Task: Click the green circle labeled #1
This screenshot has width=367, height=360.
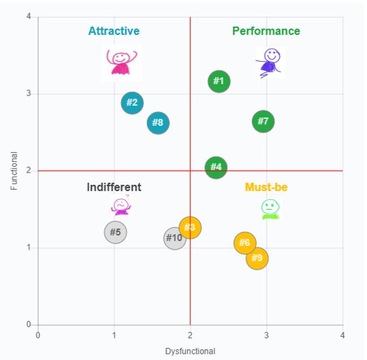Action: (219, 81)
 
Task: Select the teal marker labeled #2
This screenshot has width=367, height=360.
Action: (132, 103)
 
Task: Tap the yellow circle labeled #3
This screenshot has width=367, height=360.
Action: (190, 228)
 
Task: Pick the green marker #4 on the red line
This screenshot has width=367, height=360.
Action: (216, 167)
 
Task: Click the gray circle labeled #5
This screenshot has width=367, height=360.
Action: (115, 232)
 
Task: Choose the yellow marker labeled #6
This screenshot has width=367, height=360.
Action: (245, 243)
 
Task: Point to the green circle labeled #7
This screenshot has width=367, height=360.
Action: (263, 122)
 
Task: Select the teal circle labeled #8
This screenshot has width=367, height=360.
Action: (158, 123)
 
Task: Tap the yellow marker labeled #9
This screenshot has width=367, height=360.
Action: (257, 258)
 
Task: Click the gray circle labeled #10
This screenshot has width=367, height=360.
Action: (175, 238)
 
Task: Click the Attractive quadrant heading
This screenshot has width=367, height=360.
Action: (114, 31)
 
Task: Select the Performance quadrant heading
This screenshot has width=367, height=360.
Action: (266, 31)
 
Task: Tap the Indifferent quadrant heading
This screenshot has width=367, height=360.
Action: (114, 187)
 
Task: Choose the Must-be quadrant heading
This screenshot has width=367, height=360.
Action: (266, 187)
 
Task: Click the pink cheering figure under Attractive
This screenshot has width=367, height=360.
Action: (122, 62)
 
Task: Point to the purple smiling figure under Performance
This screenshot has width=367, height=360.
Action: (270, 62)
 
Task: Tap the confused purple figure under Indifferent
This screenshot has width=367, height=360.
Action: (121, 206)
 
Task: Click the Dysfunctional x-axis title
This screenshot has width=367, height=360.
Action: (190, 352)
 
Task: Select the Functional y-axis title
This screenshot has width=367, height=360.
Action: (14, 171)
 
